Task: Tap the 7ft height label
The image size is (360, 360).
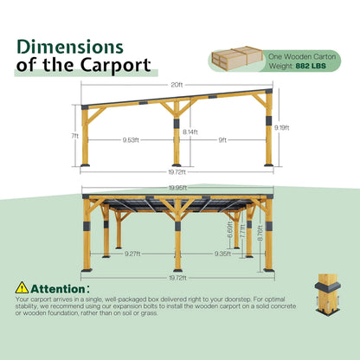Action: (74, 137)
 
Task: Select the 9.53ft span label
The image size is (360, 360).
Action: (132, 138)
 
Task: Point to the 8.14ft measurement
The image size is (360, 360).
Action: (190, 132)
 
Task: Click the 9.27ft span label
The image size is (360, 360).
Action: (133, 254)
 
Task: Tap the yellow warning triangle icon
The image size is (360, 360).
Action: (22, 287)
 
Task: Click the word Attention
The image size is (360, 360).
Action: (58, 287)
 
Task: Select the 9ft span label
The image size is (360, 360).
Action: (222, 138)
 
